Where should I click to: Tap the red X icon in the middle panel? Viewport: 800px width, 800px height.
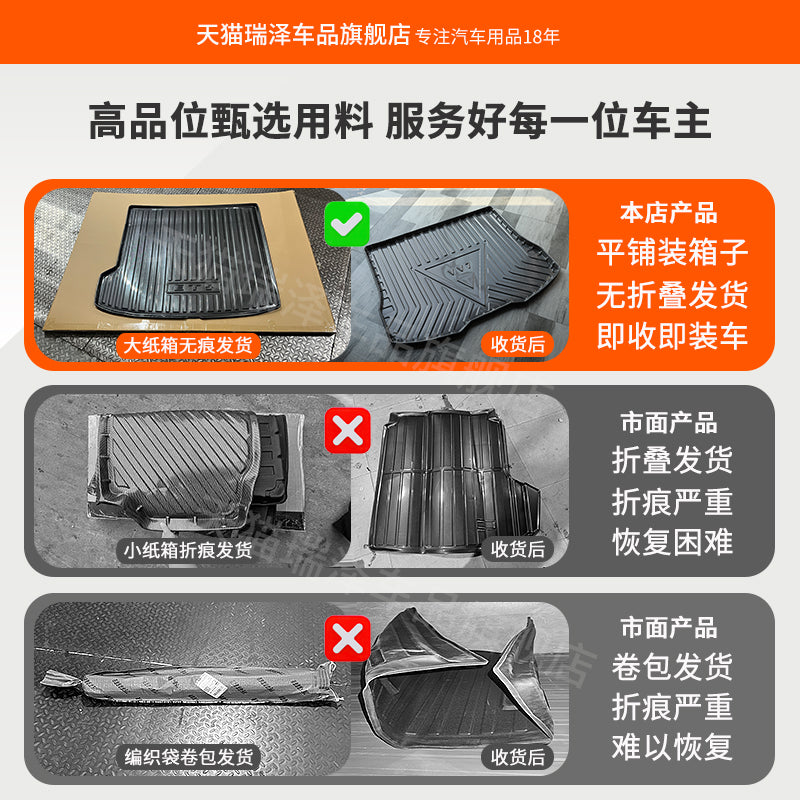point(347,431)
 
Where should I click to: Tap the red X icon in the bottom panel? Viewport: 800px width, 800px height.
point(347,638)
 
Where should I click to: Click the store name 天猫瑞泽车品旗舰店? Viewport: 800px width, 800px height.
point(304,35)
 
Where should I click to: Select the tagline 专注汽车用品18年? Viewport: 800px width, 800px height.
point(487,36)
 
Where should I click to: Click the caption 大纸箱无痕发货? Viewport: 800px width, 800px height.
point(188,345)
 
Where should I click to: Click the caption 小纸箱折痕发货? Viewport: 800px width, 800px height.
point(188,550)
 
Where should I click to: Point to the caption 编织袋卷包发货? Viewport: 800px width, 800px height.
point(188,757)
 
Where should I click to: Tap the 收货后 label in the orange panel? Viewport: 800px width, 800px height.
point(518,344)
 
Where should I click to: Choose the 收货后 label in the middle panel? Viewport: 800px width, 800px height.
point(518,550)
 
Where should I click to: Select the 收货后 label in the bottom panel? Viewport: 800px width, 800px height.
point(518,757)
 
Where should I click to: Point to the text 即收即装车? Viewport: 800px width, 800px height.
point(672,336)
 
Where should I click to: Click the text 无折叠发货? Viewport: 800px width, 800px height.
point(672,295)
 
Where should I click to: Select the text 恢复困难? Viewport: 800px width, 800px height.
point(672,542)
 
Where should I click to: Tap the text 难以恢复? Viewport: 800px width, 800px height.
point(672,747)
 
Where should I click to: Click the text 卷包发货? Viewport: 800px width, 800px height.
point(672,666)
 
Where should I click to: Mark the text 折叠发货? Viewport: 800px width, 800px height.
point(672,460)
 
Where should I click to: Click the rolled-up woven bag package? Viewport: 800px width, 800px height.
point(185,686)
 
